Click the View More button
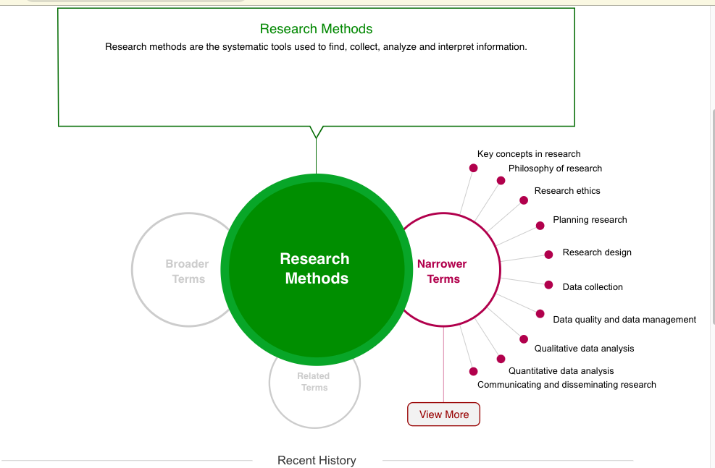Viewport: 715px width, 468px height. (443, 414)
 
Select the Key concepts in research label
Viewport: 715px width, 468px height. (529, 154)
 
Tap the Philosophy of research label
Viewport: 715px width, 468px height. (555, 169)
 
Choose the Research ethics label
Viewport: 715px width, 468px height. (567, 191)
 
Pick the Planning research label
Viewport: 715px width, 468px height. (590, 220)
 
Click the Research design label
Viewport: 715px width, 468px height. (597, 252)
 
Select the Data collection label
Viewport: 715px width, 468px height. (593, 287)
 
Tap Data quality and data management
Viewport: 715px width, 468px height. (624, 320)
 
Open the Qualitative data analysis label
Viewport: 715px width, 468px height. (584, 349)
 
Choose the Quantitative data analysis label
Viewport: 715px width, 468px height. (561, 371)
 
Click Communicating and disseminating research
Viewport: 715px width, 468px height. (566, 385)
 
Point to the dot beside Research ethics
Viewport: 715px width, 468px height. (524, 200)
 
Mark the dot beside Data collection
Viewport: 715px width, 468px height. (548, 285)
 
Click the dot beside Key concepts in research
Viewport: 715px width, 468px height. (474, 168)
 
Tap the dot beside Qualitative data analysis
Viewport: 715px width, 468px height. (524, 339)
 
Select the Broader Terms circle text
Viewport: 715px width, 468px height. (187, 271)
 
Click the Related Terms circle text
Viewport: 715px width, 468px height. (314, 382)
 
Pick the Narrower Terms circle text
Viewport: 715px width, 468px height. (443, 271)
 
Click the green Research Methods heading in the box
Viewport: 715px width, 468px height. (316, 29)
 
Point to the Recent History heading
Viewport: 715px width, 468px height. (317, 460)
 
